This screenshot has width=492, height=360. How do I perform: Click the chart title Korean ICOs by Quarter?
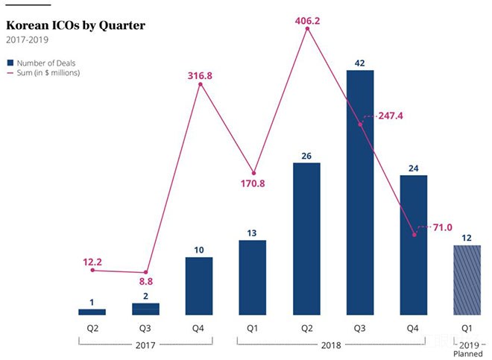click(75, 25)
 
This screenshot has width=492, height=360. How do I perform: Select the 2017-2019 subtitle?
click(26, 40)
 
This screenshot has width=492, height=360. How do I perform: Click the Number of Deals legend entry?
click(44, 63)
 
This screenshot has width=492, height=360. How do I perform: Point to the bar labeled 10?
click(199, 285)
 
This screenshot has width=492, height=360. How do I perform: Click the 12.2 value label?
click(92, 262)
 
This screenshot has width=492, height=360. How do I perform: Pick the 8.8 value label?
click(145, 282)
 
